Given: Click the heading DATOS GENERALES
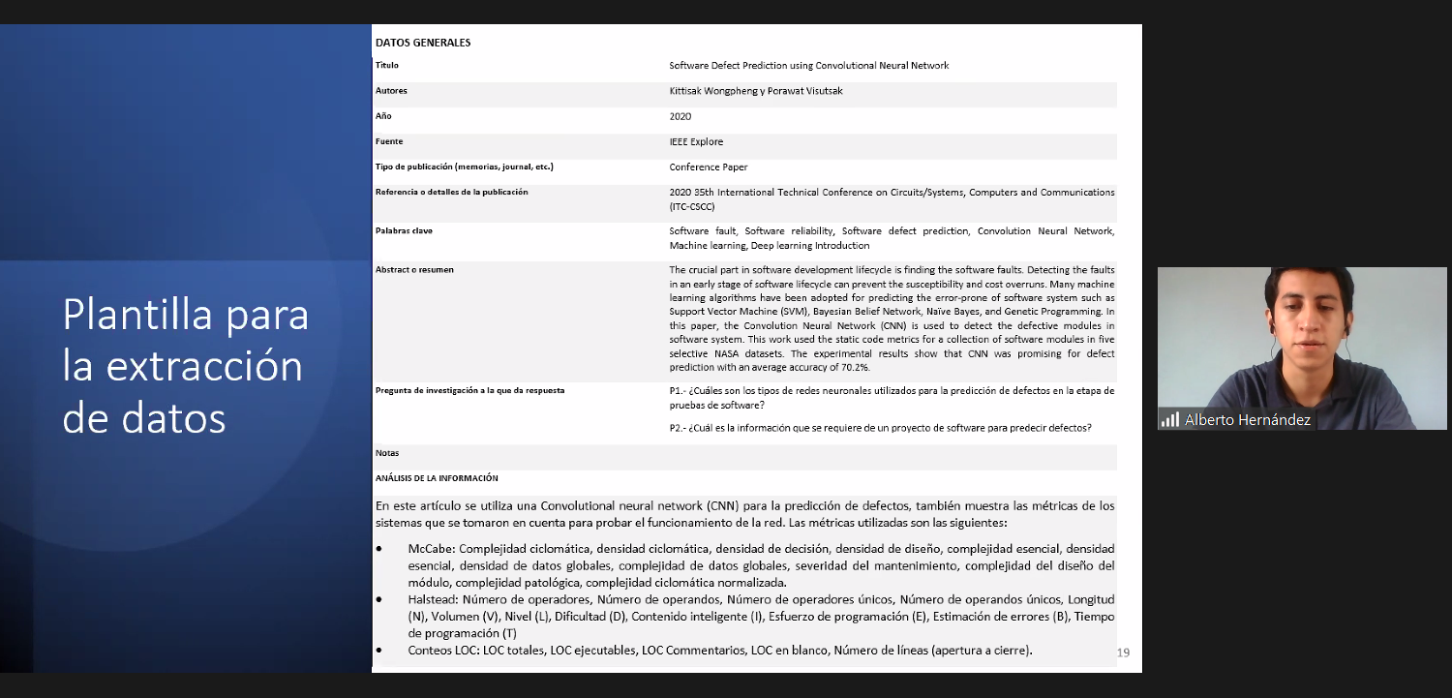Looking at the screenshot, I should click(422, 43).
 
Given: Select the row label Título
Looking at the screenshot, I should click(386, 66).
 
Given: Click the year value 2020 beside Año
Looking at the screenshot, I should click(680, 116).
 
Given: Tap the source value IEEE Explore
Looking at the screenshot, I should click(696, 141).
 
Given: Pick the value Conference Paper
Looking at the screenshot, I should click(709, 167).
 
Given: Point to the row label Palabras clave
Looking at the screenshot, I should click(404, 231).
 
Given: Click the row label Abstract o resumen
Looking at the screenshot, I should click(414, 269).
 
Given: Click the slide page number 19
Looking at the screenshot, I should click(1123, 652).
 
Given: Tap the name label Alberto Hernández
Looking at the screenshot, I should click(1247, 420).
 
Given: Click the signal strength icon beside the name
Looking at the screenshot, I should click(1170, 420).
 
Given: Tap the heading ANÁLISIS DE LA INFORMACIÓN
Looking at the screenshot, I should click(437, 478).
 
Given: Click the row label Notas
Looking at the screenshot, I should click(387, 453).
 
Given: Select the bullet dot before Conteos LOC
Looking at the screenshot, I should click(379, 651).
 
